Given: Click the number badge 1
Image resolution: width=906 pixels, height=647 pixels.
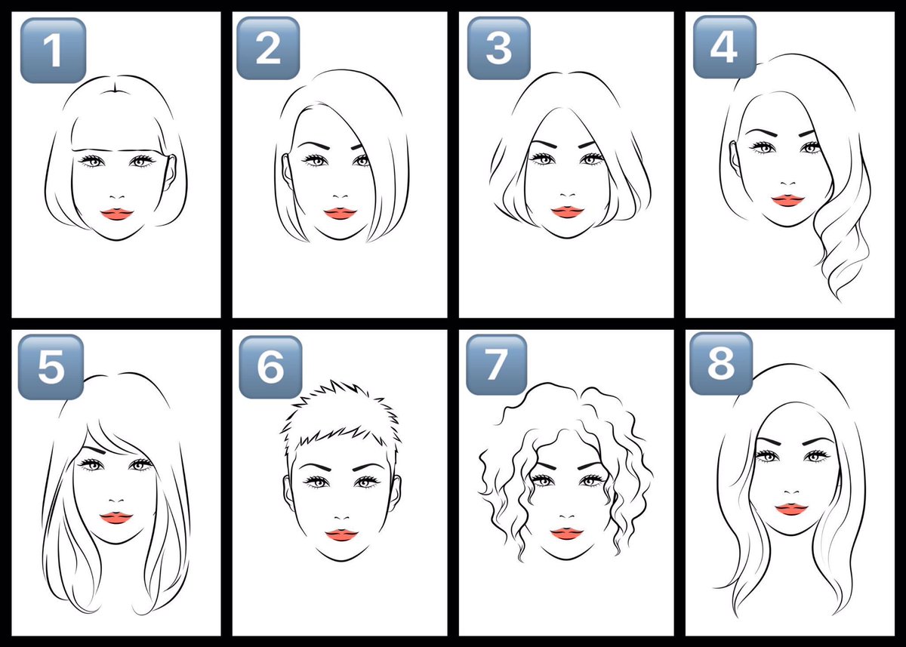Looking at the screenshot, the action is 53,50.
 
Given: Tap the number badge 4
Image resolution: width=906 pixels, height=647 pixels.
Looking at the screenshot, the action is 725,47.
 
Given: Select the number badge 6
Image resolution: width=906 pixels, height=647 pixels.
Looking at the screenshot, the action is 270,367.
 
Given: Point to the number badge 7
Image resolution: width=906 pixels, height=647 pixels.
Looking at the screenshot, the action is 497,365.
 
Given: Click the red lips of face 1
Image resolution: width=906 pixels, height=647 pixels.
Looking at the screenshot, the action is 117,214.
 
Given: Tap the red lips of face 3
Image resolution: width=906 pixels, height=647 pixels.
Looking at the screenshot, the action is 568,212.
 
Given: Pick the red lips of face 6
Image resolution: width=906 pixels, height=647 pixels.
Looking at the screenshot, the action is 342,535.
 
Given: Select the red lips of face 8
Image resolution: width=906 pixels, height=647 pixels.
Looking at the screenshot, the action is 791,509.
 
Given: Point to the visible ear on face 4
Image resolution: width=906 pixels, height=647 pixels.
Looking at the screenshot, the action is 735,159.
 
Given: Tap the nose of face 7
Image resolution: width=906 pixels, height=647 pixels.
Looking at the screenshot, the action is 567,517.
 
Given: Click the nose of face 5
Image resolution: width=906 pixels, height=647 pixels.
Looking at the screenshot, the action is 116,501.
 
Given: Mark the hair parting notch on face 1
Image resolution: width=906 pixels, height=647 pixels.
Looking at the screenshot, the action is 116,88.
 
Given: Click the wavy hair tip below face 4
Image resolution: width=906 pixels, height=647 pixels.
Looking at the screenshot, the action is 837,297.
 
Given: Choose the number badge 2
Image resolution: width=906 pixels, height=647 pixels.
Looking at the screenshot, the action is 268,48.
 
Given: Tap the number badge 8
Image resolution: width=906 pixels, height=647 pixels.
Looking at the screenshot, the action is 721,364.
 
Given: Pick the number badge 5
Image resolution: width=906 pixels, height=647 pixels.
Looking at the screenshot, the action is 51,367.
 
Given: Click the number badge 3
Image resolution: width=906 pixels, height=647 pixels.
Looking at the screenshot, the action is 499,48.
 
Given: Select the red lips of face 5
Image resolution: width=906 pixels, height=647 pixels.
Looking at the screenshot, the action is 116,518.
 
